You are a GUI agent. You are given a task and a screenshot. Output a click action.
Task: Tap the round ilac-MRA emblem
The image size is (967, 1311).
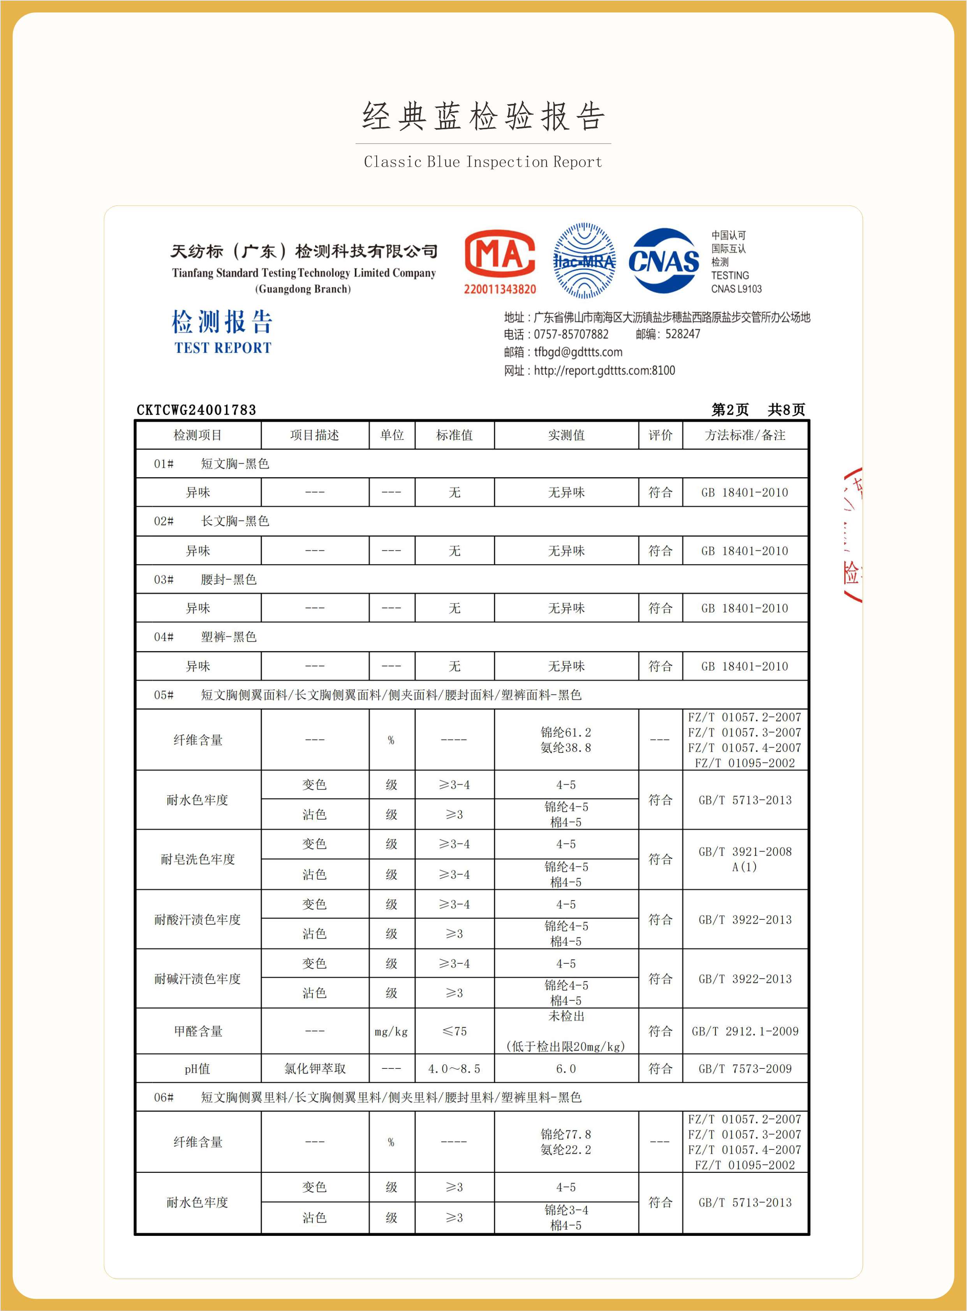[x=584, y=261]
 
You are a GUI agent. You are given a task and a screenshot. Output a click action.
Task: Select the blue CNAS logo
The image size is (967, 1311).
[x=663, y=261]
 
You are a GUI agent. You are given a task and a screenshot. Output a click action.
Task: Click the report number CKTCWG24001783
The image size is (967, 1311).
[x=196, y=409]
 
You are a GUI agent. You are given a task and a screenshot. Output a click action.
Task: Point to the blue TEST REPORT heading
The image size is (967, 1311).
[x=222, y=348]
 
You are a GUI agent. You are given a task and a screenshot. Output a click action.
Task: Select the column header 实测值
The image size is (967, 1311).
[x=566, y=435]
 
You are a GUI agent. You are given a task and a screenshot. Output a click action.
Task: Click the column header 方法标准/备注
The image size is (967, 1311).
[x=745, y=435]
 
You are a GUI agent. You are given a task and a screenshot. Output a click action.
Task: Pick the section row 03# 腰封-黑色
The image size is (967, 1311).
[x=228, y=579]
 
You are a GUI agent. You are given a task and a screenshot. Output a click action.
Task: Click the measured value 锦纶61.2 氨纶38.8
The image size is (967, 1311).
[x=566, y=740]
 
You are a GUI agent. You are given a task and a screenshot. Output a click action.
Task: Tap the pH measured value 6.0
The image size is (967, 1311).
[x=566, y=1069]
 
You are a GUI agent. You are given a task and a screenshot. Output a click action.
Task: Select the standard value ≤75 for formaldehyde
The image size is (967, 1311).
[x=454, y=1032]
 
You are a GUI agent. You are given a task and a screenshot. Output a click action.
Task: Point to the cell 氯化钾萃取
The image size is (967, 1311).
[x=315, y=1069]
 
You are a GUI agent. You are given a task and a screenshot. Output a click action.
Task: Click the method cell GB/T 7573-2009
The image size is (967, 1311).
[x=745, y=1069]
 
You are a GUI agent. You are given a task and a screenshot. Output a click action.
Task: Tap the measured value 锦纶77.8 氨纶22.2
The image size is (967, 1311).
[x=566, y=1142]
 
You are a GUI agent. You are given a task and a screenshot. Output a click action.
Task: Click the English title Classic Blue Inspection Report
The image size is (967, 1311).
[x=483, y=162]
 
